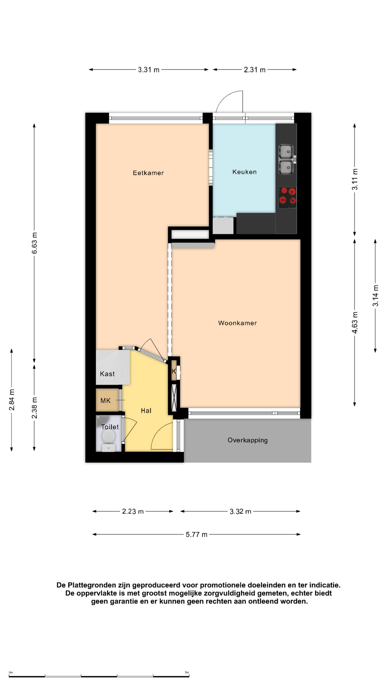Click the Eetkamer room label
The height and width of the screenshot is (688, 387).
tap(148, 173)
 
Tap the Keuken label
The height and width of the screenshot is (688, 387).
tap(244, 172)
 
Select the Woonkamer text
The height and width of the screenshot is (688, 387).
tap(237, 323)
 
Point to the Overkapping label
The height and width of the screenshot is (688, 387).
tap(248, 440)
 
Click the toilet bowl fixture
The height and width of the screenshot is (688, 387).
tap(108, 437)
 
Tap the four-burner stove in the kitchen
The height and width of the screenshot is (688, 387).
tap(287, 197)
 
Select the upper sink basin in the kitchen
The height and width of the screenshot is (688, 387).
tap(286, 151)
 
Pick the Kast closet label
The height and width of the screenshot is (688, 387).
tap(107, 374)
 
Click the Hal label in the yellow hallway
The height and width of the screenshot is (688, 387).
tap(146, 411)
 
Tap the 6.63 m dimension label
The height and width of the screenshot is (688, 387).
tap(34, 243)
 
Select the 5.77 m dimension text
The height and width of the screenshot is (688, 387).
tap(196, 535)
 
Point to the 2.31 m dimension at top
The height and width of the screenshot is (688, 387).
tap(255, 70)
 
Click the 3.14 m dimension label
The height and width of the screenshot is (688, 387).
tap(376, 296)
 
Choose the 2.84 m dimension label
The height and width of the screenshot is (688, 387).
tap(12, 400)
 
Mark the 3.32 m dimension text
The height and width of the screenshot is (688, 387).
tap(240, 511)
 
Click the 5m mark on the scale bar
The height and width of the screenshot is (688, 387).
tap(187, 673)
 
